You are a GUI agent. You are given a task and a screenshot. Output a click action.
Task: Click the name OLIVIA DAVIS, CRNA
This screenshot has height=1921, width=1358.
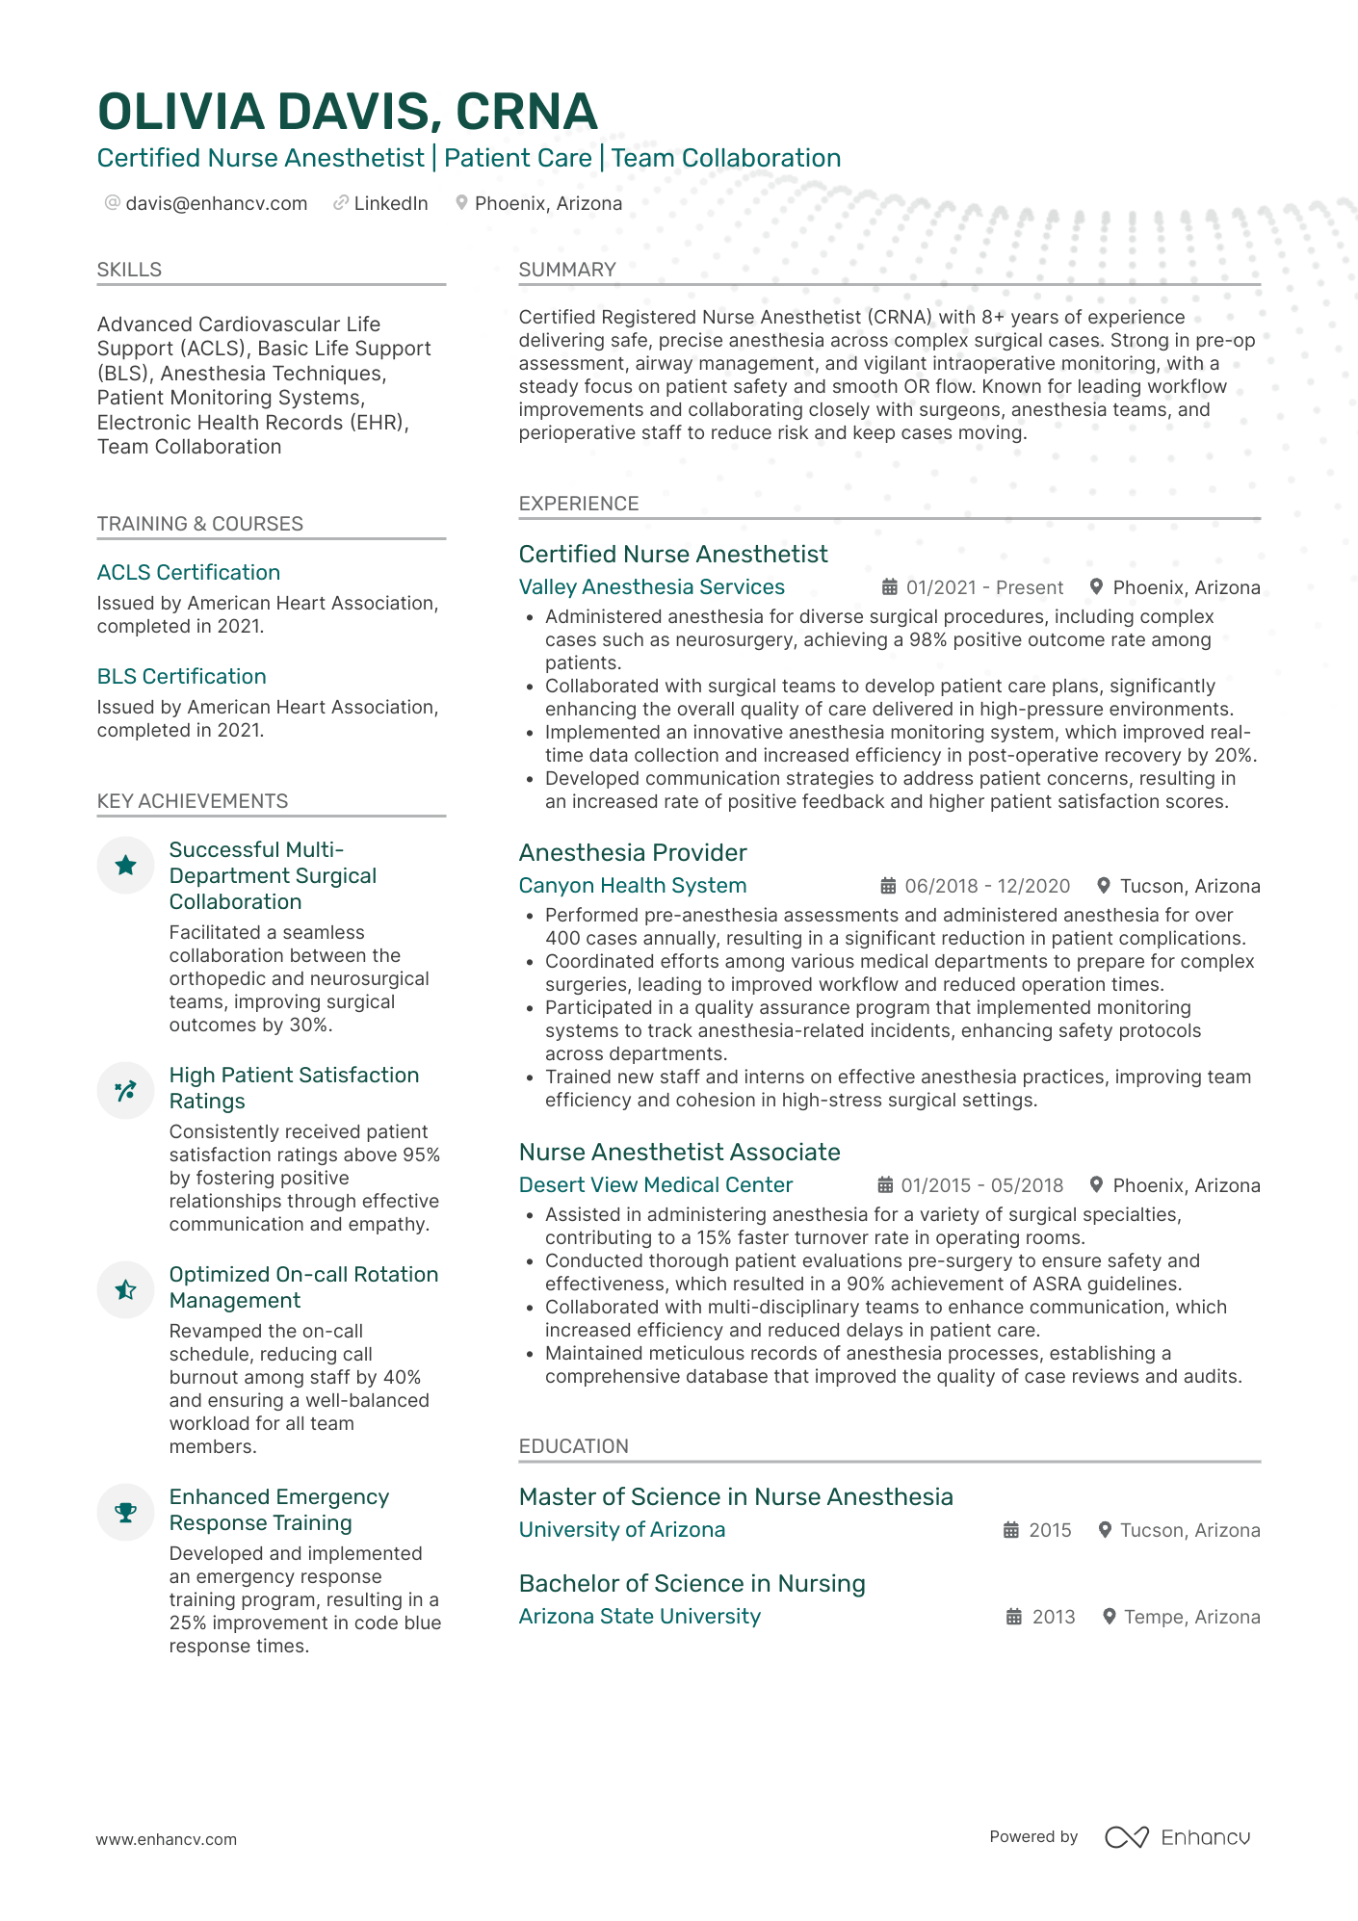347,112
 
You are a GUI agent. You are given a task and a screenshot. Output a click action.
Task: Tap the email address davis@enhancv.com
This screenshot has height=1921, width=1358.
216,203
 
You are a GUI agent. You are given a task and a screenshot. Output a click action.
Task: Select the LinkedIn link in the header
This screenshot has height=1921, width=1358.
390,203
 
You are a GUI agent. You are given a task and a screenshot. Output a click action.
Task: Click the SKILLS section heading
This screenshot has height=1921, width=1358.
129,270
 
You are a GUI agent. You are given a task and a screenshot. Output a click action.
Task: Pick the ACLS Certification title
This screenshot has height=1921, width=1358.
189,572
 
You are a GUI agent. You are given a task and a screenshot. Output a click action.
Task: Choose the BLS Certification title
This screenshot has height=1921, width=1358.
181,676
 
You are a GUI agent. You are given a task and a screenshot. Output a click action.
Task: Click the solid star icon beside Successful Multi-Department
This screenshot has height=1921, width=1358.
125,865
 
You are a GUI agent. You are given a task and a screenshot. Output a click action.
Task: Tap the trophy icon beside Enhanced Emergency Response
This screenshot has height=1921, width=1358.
125,1512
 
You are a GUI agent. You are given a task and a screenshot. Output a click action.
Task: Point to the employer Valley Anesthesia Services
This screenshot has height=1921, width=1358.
651,587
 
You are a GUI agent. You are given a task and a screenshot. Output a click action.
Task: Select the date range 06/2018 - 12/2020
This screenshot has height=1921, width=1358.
987,886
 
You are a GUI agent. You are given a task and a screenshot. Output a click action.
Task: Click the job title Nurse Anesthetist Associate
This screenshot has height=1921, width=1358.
679,1152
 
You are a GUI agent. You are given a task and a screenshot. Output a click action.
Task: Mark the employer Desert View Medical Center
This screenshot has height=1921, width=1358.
655,1185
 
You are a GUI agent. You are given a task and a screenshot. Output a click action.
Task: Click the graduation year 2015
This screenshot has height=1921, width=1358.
1050,1530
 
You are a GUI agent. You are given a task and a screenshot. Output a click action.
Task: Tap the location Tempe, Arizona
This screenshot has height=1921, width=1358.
1191,1617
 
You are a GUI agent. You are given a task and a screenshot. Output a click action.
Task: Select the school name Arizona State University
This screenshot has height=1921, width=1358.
640,1617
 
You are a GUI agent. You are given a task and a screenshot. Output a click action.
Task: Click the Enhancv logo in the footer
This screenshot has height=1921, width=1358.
1177,1837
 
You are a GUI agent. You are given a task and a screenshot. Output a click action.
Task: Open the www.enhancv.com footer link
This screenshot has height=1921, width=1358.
166,1839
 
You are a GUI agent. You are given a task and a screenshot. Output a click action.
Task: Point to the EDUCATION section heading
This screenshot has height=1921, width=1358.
573,1446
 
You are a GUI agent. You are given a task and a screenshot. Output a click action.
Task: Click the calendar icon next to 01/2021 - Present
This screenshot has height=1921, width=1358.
890,587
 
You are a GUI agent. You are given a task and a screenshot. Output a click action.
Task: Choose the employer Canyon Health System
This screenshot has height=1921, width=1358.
632,886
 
